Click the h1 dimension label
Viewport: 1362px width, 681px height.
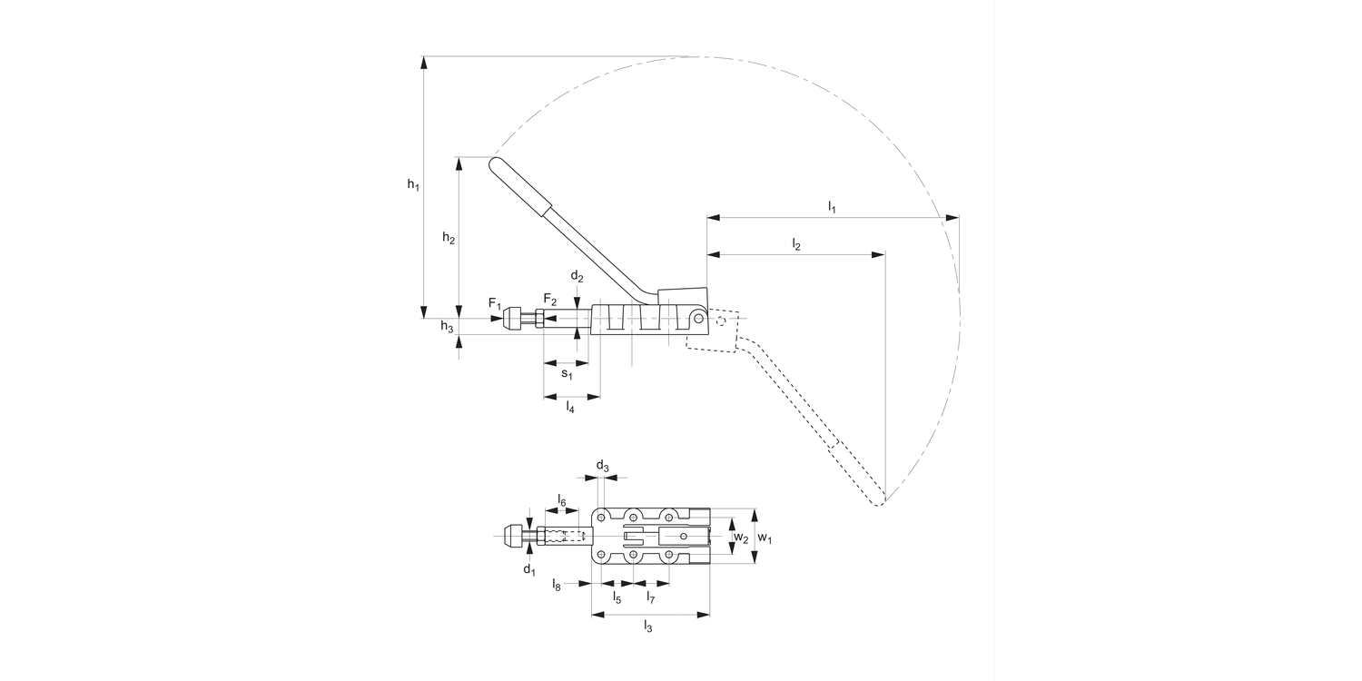click(413, 185)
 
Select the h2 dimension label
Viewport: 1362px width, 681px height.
click(449, 238)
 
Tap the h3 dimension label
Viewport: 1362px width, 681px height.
click(447, 327)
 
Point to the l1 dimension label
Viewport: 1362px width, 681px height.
click(832, 207)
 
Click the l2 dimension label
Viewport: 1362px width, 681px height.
click(796, 244)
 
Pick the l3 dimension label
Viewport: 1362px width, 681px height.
click(648, 626)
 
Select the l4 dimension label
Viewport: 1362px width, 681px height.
click(570, 408)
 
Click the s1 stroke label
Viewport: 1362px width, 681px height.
click(566, 373)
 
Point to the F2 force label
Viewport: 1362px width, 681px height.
click(550, 300)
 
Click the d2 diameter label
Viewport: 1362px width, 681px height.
click(577, 276)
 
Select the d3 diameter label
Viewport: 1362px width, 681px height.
click(602, 467)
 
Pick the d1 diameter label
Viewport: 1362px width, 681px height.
click(528, 569)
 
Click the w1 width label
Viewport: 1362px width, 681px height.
click(765, 538)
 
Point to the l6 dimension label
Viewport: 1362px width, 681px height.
click(562, 501)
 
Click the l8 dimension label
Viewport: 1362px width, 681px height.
click(557, 587)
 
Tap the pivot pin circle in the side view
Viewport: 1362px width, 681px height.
click(698, 318)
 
